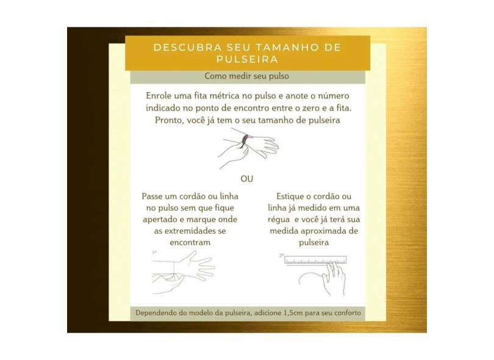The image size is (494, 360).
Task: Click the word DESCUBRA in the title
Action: tap(188, 47)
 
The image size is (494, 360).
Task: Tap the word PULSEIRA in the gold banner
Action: tap(248, 59)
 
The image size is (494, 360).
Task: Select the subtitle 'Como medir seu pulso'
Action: tap(246, 76)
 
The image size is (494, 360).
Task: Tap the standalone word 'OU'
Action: tap(246, 179)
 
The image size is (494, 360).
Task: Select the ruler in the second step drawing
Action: tap(315, 261)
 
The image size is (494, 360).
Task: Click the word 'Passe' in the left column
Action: tap(152, 196)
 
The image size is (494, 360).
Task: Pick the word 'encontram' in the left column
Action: tap(190, 242)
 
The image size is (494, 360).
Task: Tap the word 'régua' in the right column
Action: tap(279, 220)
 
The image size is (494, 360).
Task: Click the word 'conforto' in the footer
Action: tap(348, 313)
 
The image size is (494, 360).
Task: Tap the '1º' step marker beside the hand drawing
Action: tap(154, 253)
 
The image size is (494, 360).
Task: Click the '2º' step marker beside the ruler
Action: tap(282, 255)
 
